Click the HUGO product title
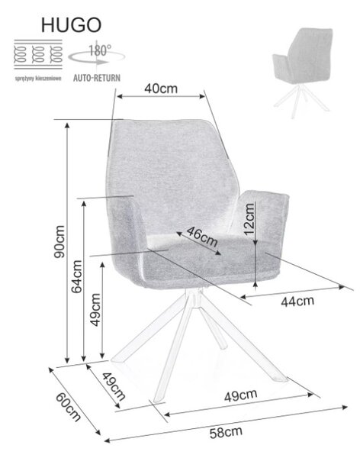click(71, 25)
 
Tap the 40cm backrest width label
click(161, 89)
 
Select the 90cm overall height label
click(59, 241)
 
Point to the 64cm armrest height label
click(77, 276)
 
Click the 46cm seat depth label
click(202, 237)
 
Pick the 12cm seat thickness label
click(249, 219)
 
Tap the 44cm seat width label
click(297, 302)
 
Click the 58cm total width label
click(226, 432)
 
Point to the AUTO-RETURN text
click(97, 78)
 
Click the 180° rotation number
click(100, 50)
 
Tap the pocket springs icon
click(38, 54)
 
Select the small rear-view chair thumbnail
click(303, 72)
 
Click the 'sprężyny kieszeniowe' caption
click(38, 79)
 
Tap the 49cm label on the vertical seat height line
click(95, 310)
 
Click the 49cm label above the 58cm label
click(241, 395)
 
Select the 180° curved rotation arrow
click(97, 57)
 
